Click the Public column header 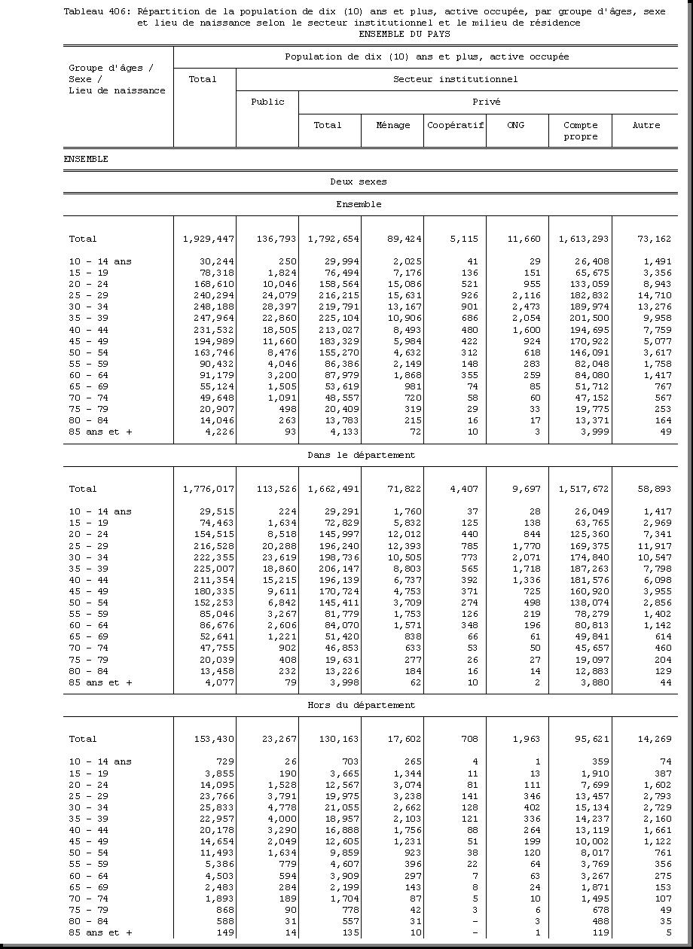coord(267,102)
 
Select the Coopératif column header coord(455,125)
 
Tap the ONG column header coord(516,125)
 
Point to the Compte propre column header coord(580,131)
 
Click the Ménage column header coord(392,125)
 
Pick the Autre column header coord(646,125)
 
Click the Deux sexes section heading coord(359,182)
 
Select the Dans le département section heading coord(361,455)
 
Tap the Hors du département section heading coord(361,705)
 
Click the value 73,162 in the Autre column coord(653,239)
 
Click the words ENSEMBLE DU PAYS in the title coord(405,34)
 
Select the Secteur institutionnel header coord(455,79)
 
